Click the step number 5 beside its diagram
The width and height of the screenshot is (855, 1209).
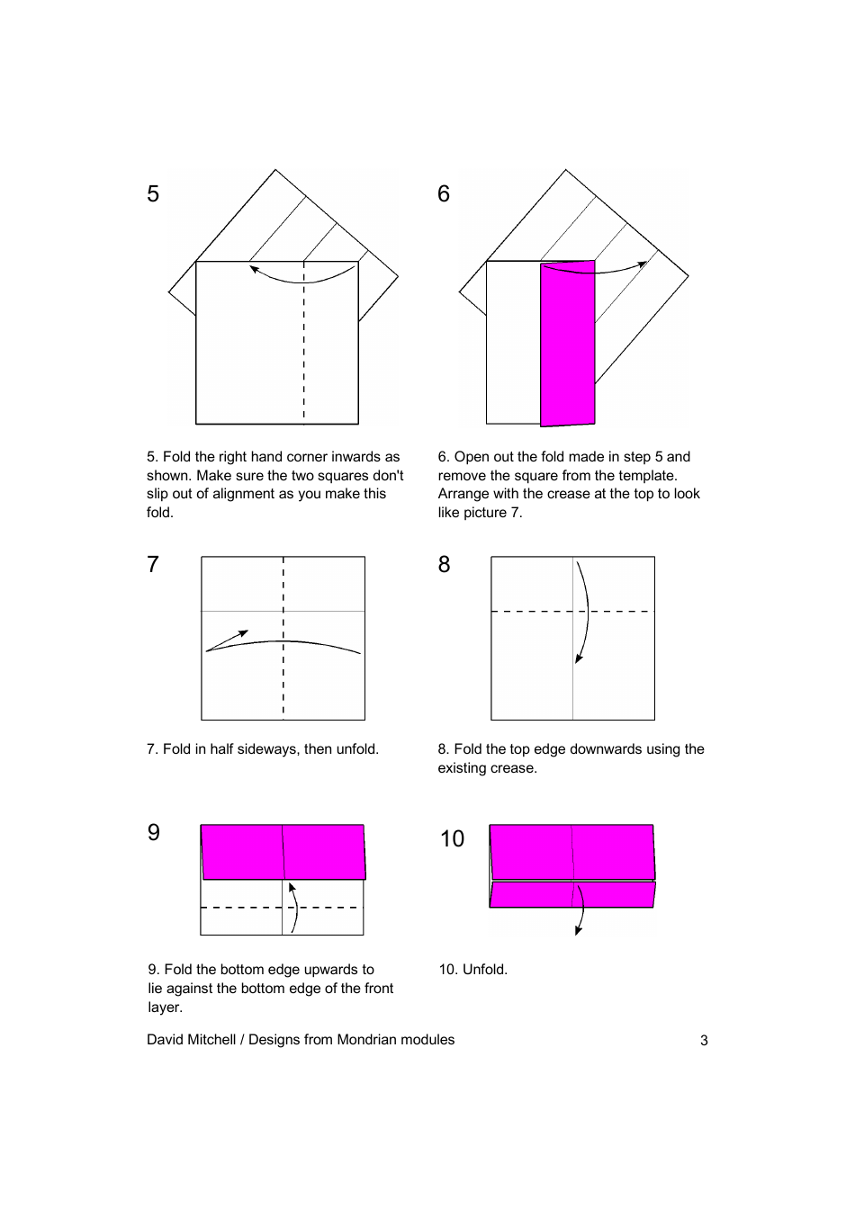pos(153,194)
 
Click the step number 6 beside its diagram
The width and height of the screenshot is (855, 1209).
pos(444,194)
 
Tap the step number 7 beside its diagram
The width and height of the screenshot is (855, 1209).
pos(153,565)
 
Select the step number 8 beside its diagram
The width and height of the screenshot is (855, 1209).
pos(444,565)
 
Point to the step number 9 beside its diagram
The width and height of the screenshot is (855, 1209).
pos(154,833)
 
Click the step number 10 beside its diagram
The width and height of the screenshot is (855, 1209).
pos(452,839)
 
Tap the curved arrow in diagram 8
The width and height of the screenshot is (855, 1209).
pos(586,612)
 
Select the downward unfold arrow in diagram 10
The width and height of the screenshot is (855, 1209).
pos(580,913)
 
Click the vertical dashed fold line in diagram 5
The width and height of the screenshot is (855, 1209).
pos(304,360)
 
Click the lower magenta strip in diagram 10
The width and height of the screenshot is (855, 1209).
pos(531,895)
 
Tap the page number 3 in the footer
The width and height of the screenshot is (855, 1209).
pos(704,1041)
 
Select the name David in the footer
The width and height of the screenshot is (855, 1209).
pos(166,1040)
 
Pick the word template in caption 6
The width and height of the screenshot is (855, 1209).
pos(647,476)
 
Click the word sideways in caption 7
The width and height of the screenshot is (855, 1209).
pos(271,749)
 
